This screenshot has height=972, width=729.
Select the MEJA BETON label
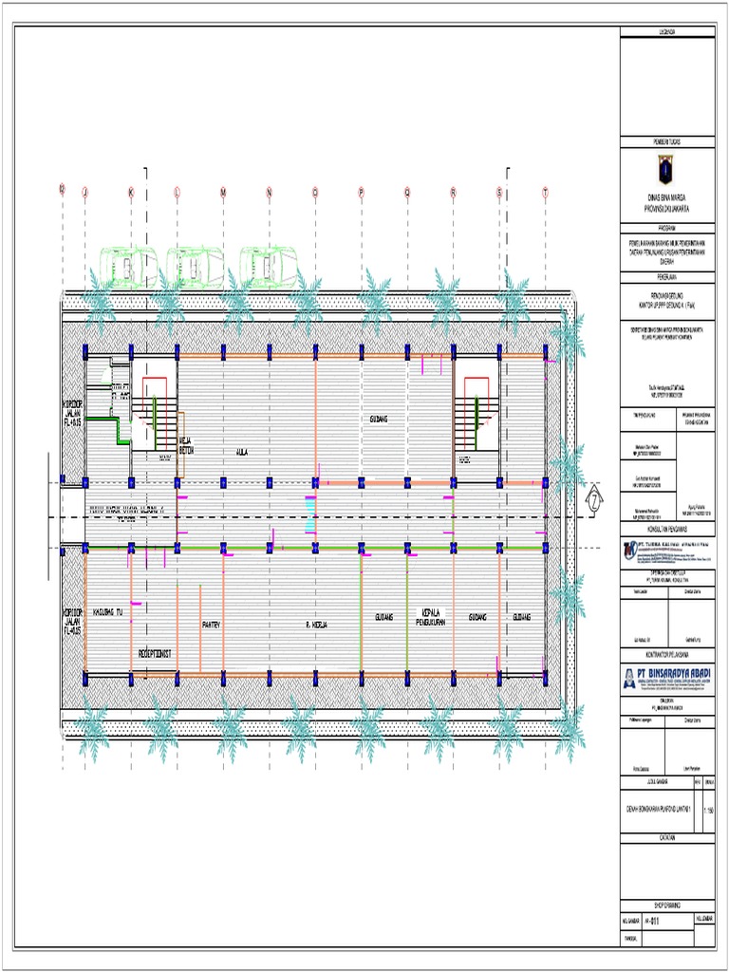[187, 446]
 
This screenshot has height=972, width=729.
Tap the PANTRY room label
[211, 625]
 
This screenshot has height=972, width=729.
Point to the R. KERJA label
[316, 625]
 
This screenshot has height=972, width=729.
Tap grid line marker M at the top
[223, 193]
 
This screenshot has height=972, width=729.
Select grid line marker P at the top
[362, 193]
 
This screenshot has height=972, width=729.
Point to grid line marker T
[546, 193]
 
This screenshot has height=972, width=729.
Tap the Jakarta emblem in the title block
[665, 171]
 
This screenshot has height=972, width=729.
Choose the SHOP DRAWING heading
[666, 905]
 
